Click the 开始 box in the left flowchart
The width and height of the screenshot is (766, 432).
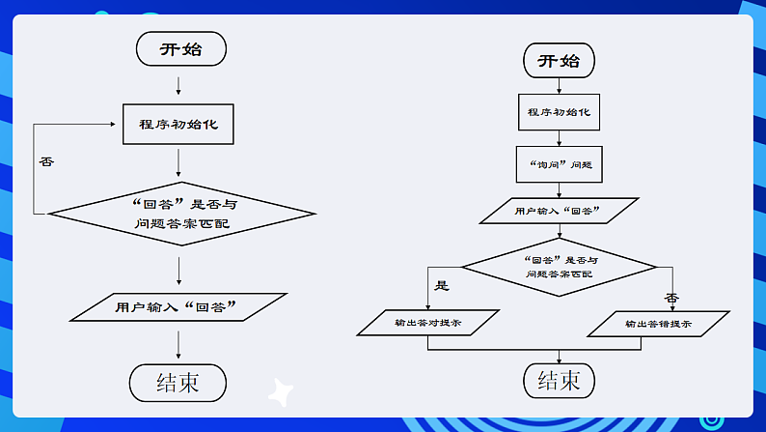(x=180, y=48)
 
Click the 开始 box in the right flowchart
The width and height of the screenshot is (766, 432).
(x=559, y=61)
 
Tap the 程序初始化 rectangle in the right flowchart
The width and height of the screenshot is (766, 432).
(x=559, y=112)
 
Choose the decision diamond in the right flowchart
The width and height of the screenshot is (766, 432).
(x=559, y=267)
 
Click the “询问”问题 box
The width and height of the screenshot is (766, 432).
(x=559, y=164)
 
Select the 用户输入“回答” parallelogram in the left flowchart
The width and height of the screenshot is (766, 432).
(x=180, y=308)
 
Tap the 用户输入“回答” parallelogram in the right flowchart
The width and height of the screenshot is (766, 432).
(x=559, y=211)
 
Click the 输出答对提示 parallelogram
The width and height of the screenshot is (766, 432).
(x=427, y=323)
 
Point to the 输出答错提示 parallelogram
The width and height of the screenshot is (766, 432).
(x=657, y=324)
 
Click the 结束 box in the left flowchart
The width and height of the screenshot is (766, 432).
(x=178, y=383)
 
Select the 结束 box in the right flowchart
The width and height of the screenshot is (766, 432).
(x=559, y=380)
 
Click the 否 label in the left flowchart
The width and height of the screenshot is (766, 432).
(x=46, y=160)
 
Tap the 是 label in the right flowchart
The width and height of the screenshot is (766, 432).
(x=444, y=285)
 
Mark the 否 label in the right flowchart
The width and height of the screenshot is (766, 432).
(x=671, y=297)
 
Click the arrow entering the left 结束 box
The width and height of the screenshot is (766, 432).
(x=179, y=345)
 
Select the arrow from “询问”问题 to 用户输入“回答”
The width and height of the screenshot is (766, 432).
(x=559, y=188)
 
